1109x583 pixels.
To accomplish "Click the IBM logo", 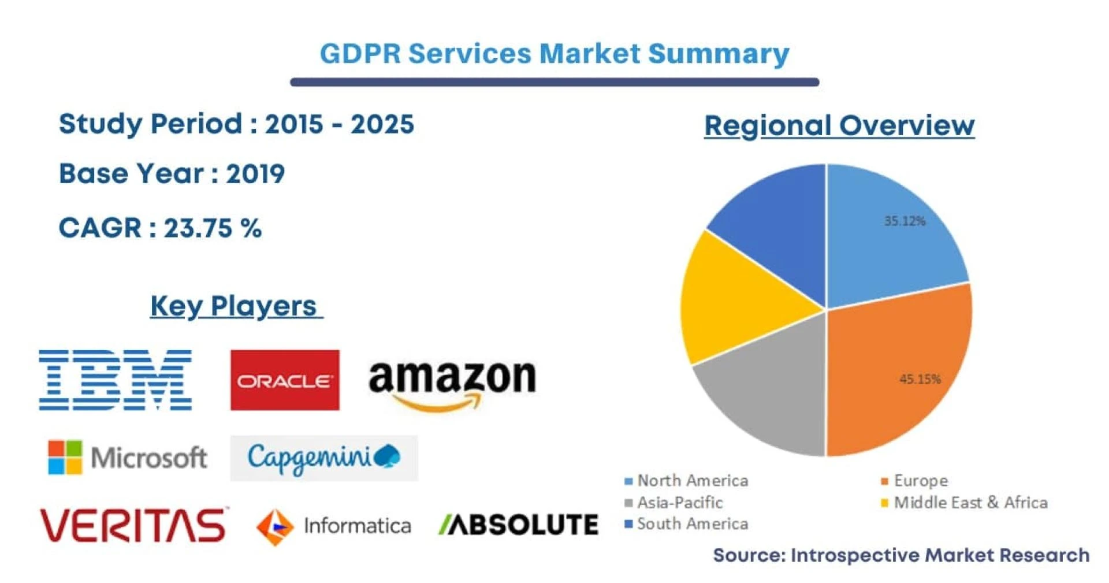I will point(116,380).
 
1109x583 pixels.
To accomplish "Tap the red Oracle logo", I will point(285,380).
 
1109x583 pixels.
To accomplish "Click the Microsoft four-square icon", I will point(65,457).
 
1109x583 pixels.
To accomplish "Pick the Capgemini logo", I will point(323,458).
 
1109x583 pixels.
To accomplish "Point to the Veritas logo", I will point(133,525).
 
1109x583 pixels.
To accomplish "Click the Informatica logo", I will point(334,526).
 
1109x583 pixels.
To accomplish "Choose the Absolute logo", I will point(519,525).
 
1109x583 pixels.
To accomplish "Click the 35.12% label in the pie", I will point(905,221).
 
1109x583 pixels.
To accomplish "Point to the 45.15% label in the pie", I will point(920,379).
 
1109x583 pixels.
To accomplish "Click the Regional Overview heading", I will point(839,125).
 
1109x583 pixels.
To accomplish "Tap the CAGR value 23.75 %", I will point(213,228).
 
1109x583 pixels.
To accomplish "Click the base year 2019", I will point(255,174).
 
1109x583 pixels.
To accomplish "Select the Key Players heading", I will point(233,306).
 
